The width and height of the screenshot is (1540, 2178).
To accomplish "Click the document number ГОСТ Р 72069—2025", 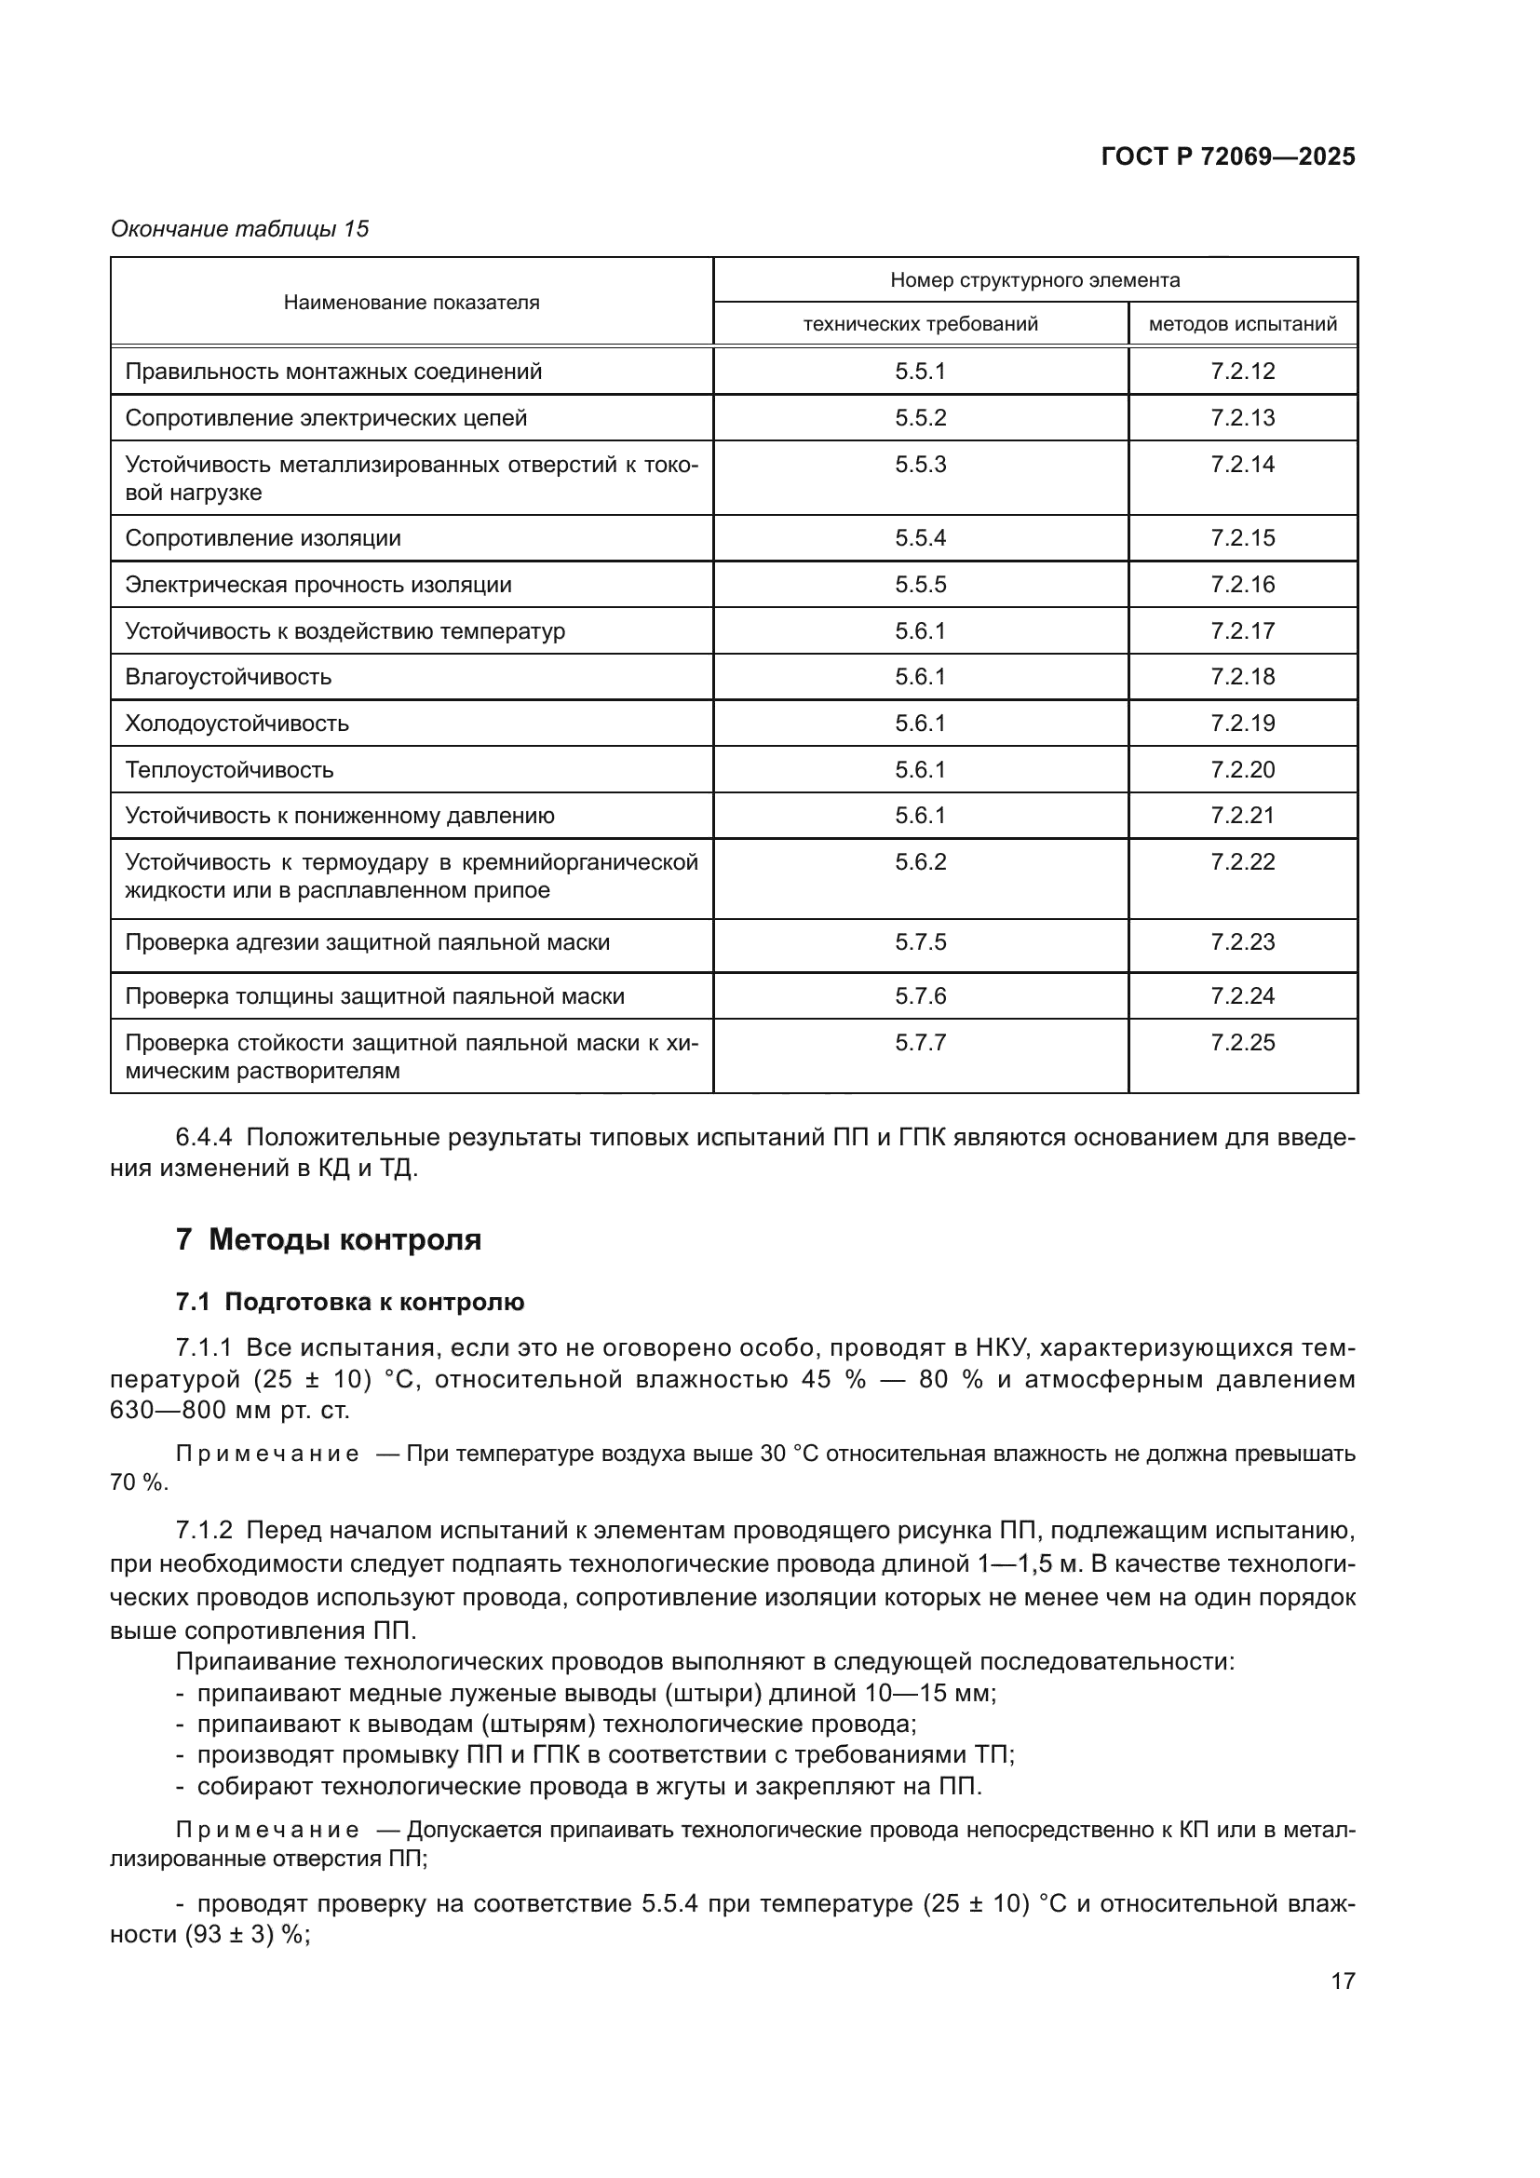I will click(x=1228, y=156).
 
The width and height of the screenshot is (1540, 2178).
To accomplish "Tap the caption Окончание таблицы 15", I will click(x=240, y=229).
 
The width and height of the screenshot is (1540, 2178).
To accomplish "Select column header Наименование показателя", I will click(x=412, y=303).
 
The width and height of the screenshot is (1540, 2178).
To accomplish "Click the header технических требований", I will click(x=920, y=324).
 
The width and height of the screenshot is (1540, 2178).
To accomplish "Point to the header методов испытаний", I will click(x=1242, y=324).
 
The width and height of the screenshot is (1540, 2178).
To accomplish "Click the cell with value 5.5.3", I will click(x=920, y=465).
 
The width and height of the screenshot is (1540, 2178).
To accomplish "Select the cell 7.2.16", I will click(x=1242, y=585).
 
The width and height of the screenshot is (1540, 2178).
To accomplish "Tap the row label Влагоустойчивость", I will click(x=228, y=677).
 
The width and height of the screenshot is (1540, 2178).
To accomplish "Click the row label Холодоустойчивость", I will click(x=237, y=724).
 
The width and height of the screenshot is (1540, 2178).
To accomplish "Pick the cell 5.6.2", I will click(x=920, y=862).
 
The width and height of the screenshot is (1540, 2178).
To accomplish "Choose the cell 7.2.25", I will click(x=1242, y=1044).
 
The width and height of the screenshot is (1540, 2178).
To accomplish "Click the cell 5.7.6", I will click(x=920, y=996).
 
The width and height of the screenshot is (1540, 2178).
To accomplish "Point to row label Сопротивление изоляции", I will click(x=263, y=539).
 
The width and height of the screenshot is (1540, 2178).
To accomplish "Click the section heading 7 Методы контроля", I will click(x=329, y=1239).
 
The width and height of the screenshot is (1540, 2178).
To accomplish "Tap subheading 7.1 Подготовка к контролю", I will click(x=350, y=1303).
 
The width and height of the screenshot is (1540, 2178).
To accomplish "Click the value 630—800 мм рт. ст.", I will click(x=229, y=1411).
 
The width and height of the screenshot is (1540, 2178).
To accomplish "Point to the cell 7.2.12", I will click(x=1242, y=372).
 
